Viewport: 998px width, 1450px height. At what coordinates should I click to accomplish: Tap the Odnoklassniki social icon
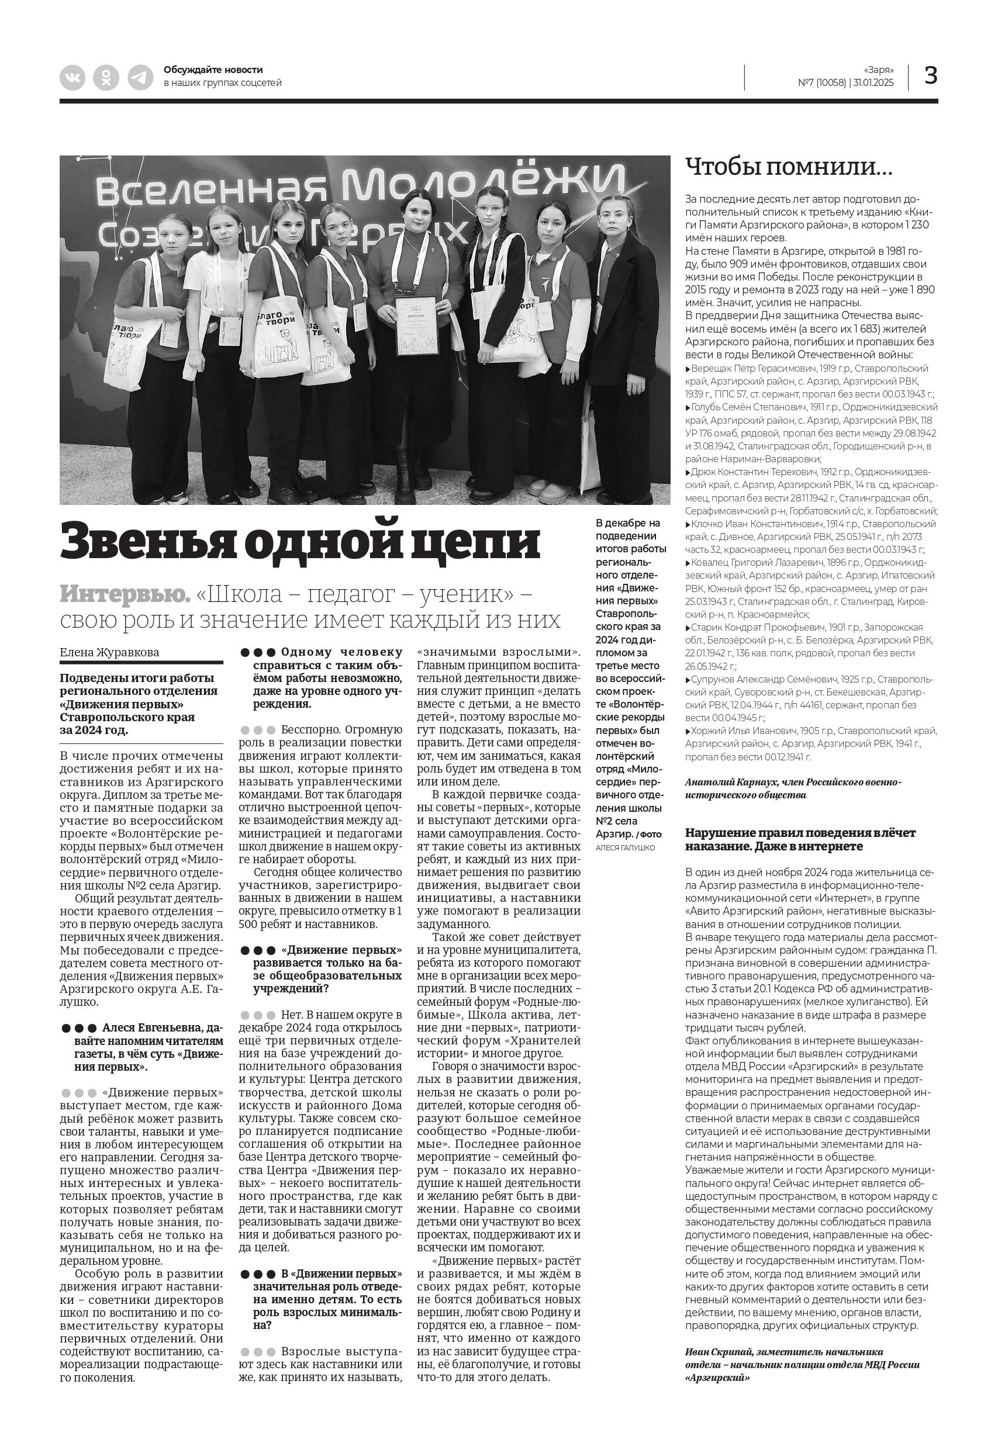tap(106, 78)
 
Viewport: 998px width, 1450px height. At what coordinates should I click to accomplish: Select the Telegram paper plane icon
tap(141, 78)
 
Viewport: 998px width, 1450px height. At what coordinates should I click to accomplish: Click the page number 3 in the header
tap(930, 75)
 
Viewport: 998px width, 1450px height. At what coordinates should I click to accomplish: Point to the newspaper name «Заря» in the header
tap(879, 70)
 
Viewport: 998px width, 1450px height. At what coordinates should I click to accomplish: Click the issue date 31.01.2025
tap(873, 83)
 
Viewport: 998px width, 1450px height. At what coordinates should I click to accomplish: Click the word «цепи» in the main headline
tap(482, 541)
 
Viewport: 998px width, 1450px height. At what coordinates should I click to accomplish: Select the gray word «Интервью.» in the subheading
tap(125, 594)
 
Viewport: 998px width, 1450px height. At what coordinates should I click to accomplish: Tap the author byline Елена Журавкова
tap(109, 652)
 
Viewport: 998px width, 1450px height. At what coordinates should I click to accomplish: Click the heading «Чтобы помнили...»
tap(789, 167)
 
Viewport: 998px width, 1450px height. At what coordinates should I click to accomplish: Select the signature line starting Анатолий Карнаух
tap(792, 782)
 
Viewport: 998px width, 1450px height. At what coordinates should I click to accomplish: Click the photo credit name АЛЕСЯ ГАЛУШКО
tap(626, 847)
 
